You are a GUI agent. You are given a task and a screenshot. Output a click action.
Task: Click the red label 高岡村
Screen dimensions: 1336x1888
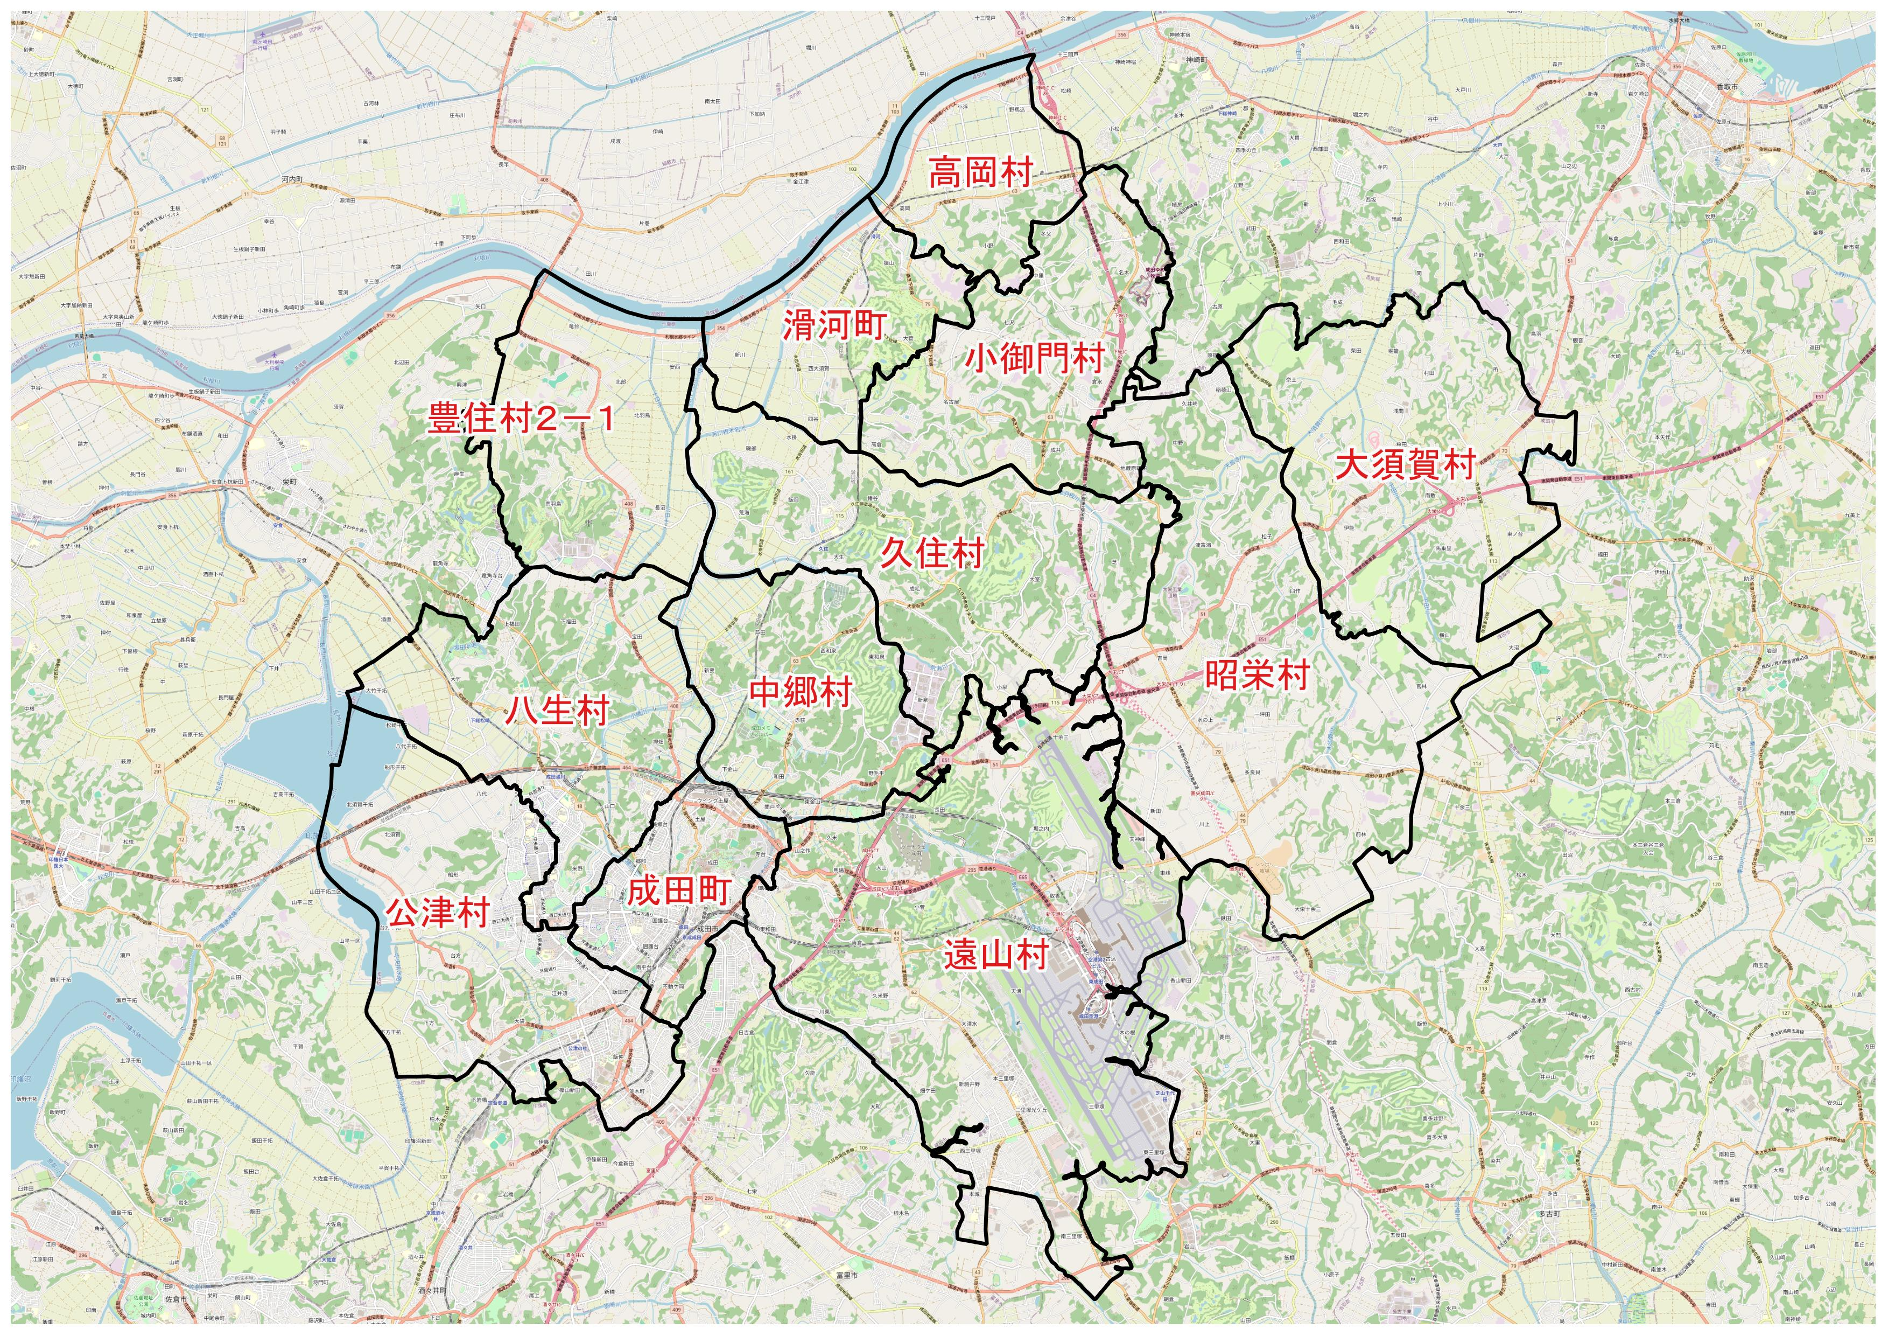(x=980, y=173)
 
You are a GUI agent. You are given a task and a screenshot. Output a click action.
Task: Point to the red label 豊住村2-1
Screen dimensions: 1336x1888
(x=521, y=419)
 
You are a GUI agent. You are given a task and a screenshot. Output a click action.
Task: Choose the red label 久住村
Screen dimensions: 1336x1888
(x=932, y=553)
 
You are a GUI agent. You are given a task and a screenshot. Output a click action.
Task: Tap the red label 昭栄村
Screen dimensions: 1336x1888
(x=1257, y=676)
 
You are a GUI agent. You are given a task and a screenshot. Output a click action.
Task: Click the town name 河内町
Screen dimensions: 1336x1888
(x=292, y=178)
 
